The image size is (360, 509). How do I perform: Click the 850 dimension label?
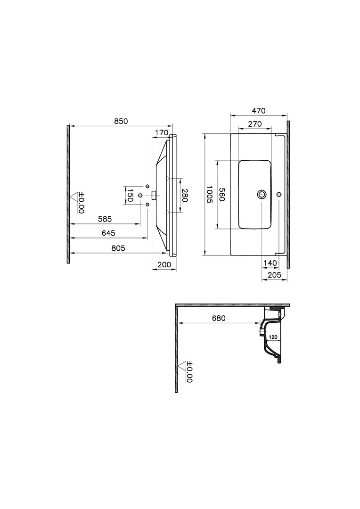pyautogui.click(x=121, y=121)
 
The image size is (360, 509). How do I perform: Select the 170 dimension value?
pyautogui.click(x=162, y=132)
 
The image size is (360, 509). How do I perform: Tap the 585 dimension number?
pyautogui.click(x=105, y=219)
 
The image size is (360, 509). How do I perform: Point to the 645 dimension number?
pyautogui.click(x=108, y=233)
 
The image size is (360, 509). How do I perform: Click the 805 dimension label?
pyautogui.click(x=118, y=248)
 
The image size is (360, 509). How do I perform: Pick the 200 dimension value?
pyautogui.click(x=164, y=264)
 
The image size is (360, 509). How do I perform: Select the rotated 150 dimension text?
pyautogui.click(x=130, y=196)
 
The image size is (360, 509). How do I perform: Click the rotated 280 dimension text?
pyautogui.click(x=184, y=196)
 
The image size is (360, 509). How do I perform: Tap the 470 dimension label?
pyautogui.click(x=259, y=111)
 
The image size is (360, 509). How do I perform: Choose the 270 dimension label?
pyautogui.click(x=255, y=124)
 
